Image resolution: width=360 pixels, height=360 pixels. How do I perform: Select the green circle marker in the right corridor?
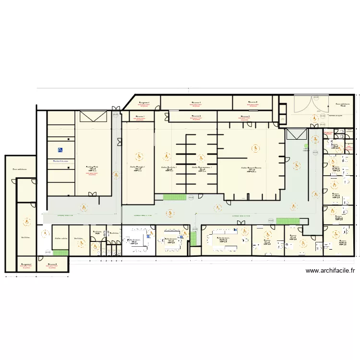(x=306, y=146)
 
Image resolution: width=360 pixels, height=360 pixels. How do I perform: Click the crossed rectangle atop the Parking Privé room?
(x=93, y=116)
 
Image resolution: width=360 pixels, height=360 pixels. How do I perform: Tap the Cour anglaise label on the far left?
(x=20, y=169)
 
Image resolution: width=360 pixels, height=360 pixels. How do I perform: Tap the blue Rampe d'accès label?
(x=60, y=161)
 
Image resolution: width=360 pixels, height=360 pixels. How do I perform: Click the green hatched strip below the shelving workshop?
(x=174, y=197)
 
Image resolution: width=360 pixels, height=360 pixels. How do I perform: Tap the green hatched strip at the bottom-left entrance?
(x=60, y=252)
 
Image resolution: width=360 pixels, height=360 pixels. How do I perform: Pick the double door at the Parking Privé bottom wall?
(x=94, y=193)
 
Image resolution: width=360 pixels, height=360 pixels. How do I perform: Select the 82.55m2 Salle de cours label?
(x=223, y=239)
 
